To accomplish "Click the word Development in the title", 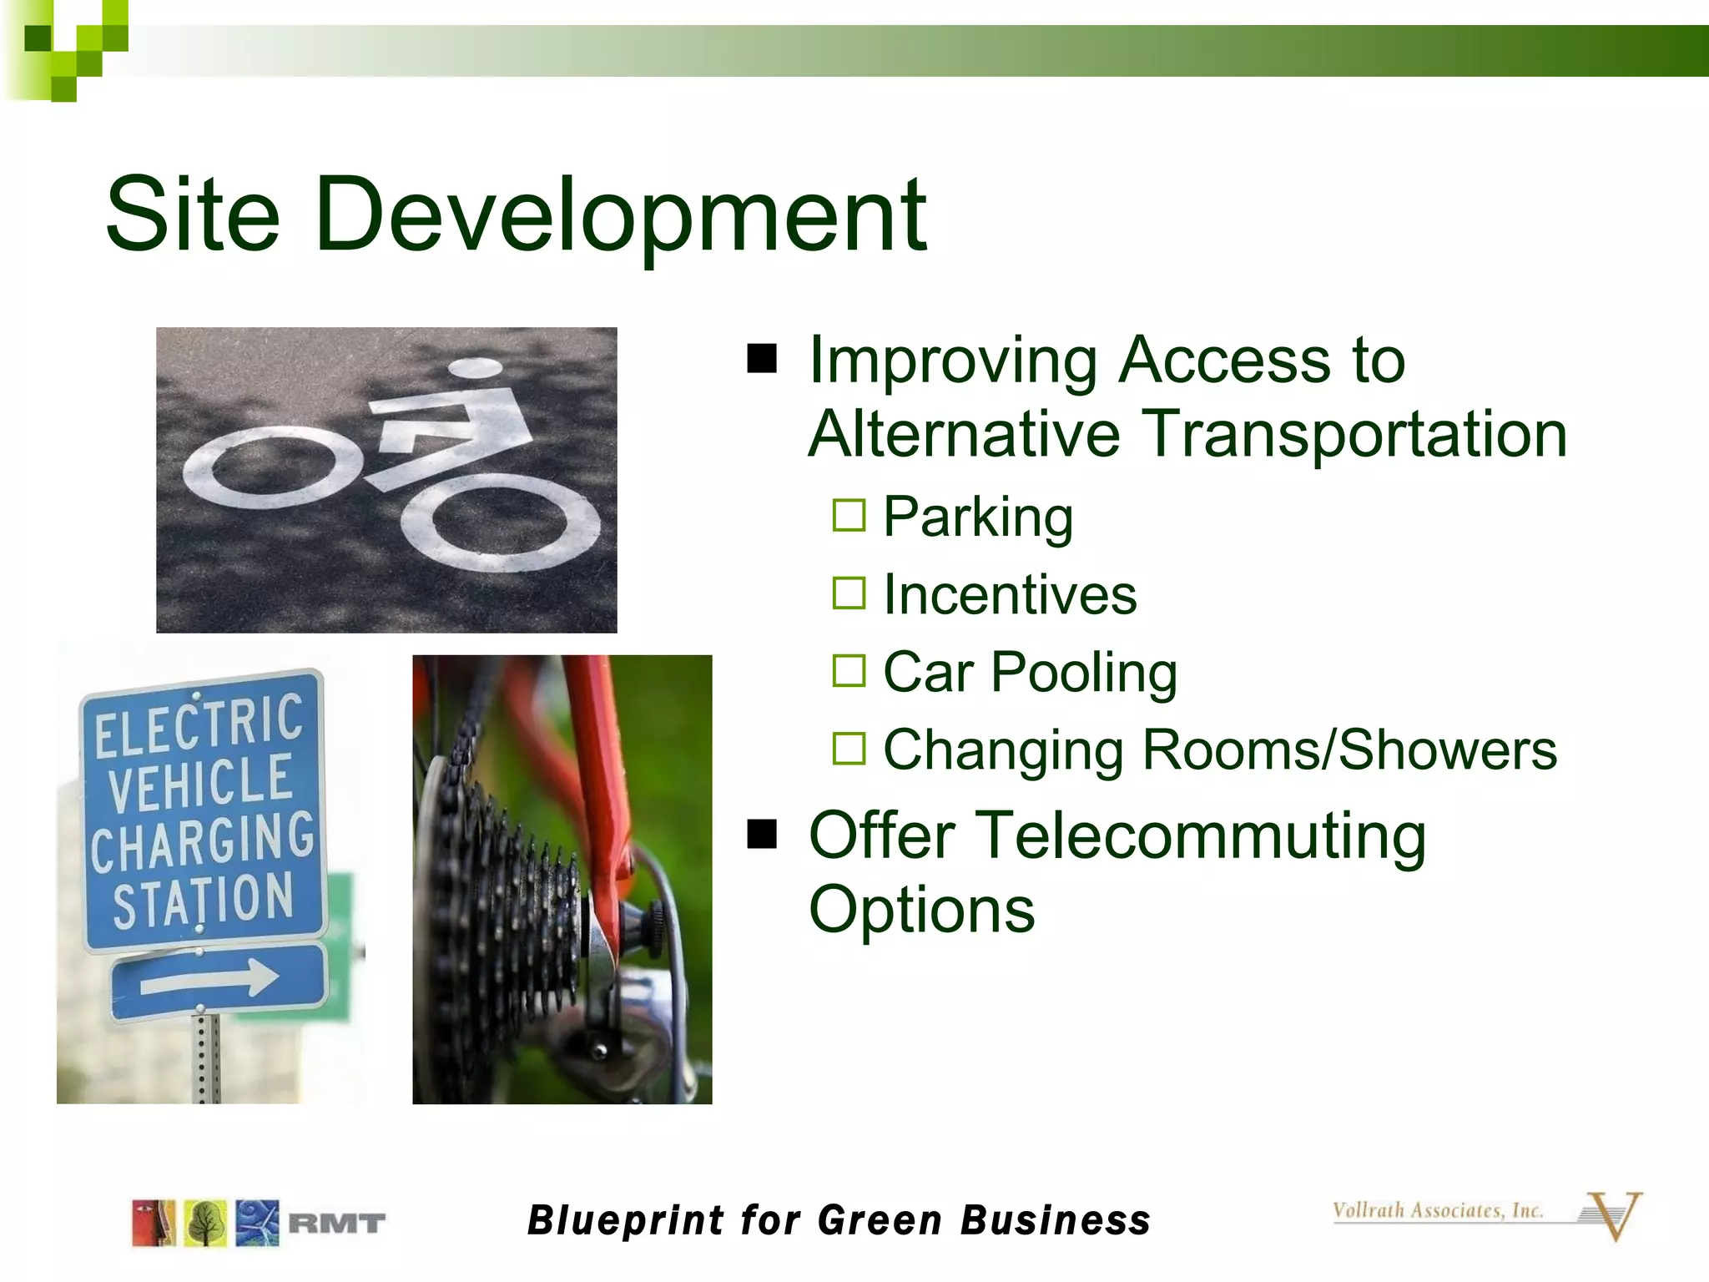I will point(621,215).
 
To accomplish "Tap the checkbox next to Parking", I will point(849,515).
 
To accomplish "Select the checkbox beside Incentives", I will point(849,593).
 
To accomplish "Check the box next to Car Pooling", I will point(849,670).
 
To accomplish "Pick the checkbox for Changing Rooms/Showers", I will point(849,748).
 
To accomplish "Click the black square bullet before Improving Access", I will point(762,359).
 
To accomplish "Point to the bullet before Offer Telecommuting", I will point(762,834).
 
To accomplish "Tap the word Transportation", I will point(1354,434).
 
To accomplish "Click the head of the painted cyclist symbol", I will point(475,367).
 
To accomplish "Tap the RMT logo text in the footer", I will point(336,1224).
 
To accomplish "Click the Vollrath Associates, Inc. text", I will point(1437,1210).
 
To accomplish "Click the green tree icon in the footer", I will point(205,1224).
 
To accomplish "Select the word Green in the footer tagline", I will point(881,1220).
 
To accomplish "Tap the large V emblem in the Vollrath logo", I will point(1614,1215).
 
